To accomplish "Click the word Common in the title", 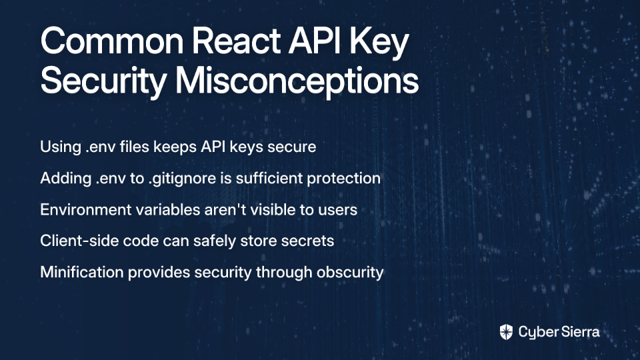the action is click(x=112, y=41).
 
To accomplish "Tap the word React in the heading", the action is click(x=236, y=41).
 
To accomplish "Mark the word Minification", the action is click(x=81, y=272).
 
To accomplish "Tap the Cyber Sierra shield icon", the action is click(x=506, y=332).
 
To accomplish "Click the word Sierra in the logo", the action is click(x=579, y=332).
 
